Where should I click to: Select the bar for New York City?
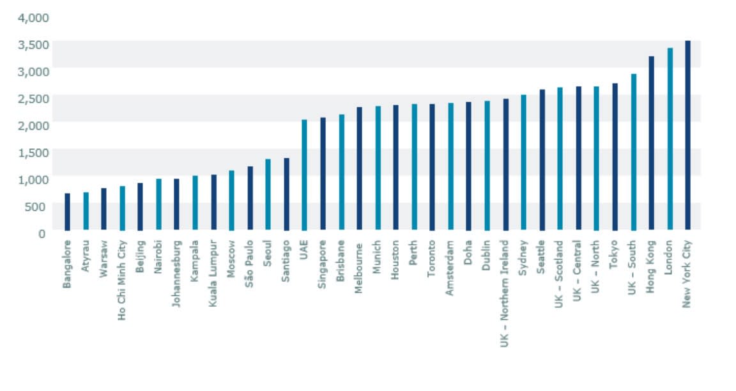pyautogui.click(x=688, y=135)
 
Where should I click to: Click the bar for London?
pyautogui.click(x=670, y=139)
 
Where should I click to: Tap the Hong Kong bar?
pyautogui.click(x=652, y=143)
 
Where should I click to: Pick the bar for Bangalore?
pyautogui.click(x=67, y=211)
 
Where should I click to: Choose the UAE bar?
pyautogui.click(x=304, y=174)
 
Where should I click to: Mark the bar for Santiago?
pyautogui.click(x=286, y=194)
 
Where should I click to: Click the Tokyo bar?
pyautogui.click(x=615, y=157)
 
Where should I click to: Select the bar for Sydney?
pyautogui.click(x=523, y=162)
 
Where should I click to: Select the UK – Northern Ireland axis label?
pyautogui.click(x=505, y=293)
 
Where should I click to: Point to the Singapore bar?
pyautogui.click(x=323, y=173)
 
